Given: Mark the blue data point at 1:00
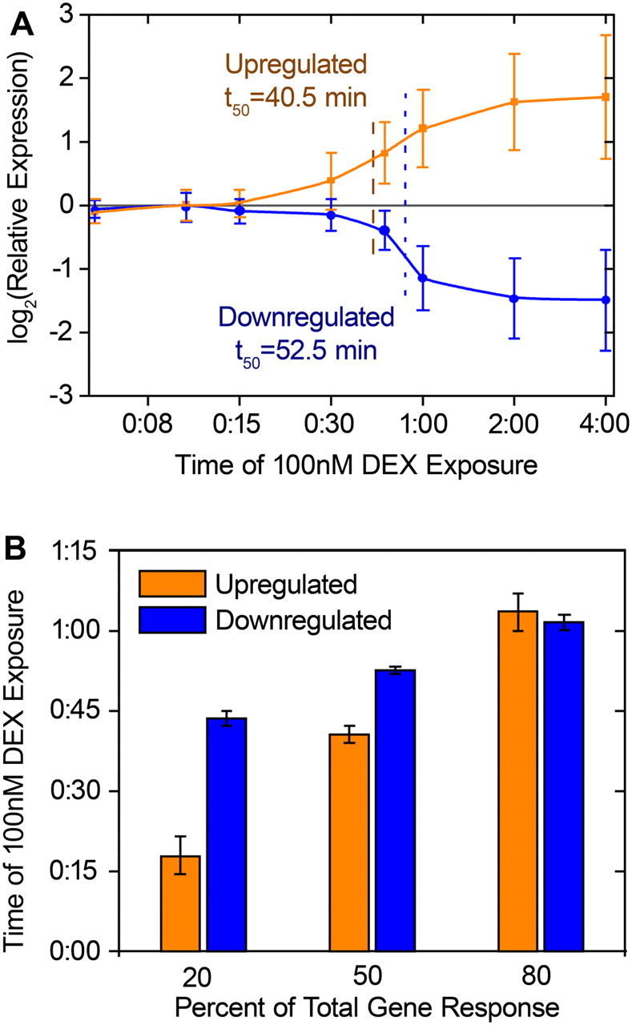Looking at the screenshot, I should click(423, 278).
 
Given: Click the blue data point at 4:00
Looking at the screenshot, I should click(606, 300).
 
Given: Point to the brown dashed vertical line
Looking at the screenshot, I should click(373, 188).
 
